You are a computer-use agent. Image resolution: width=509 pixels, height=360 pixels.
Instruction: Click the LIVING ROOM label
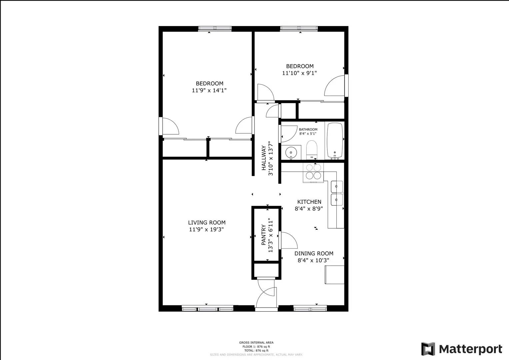[207, 223]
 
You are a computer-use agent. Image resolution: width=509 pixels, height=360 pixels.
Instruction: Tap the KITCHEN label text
[309, 202]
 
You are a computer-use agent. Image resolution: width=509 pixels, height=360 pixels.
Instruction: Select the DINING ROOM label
[314, 253]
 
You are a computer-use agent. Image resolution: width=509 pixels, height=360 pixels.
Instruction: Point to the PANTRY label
[264, 235]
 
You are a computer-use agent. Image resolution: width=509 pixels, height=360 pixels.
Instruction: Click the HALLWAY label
[264, 158]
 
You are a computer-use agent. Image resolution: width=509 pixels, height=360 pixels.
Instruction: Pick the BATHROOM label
[308, 129]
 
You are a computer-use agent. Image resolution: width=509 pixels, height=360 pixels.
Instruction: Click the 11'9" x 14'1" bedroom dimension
[209, 90]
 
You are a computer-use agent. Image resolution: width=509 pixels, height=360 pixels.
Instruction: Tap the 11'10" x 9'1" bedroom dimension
[299, 73]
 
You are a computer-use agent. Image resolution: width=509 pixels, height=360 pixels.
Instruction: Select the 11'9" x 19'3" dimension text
[206, 230]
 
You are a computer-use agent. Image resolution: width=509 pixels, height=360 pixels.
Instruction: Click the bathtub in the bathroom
[335, 140]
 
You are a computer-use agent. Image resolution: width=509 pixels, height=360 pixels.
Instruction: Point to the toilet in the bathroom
[312, 150]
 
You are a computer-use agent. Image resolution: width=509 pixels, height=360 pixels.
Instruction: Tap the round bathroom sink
[291, 152]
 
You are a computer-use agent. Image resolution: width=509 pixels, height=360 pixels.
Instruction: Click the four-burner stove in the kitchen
[313, 173]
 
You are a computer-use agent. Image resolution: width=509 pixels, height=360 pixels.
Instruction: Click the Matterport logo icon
[428, 349]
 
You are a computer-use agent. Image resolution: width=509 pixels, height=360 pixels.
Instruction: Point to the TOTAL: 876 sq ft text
[256, 350]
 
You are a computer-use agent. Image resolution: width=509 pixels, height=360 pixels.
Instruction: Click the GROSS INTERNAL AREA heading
[256, 343]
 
